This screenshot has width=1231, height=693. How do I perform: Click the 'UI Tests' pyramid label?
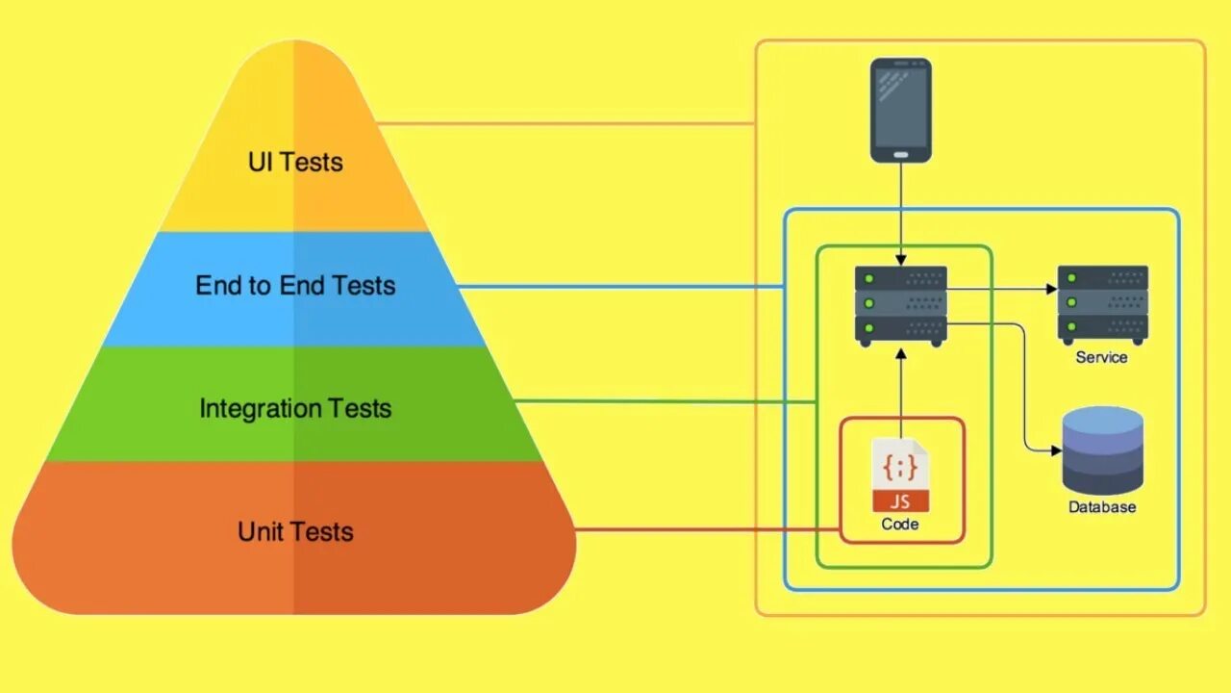(x=295, y=162)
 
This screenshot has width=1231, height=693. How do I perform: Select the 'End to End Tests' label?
(x=295, y=286)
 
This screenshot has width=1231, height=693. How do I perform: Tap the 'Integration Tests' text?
(x=295, y=408)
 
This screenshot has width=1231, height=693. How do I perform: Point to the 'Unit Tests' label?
(x=295, y=531)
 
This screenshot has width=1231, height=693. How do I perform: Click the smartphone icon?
(x=901, y=110)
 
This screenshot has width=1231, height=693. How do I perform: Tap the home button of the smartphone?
(x=901, y=154)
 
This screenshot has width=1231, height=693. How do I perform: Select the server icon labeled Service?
(x=1103, y=304)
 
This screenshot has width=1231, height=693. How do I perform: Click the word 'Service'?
(x=1102, y=357)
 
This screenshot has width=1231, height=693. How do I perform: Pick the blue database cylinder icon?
(x=1103, y=449)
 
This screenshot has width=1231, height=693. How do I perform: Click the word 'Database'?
(x=1102, y=507)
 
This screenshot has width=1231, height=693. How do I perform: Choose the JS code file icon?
(x=901, y=475)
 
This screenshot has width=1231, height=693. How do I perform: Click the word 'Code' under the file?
(x=900, y=525)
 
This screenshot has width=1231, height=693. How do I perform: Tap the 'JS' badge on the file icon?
(x=901, y=500)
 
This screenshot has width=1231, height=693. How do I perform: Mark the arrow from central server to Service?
(x=1000, y=288)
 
